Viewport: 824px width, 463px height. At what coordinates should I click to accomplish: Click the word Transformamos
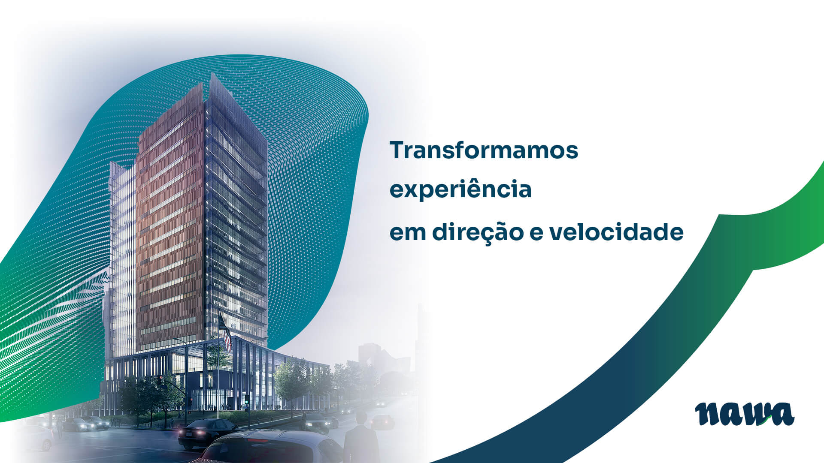[x=484, y=150]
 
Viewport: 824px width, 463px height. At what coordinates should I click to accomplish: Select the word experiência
[x=460, y=189]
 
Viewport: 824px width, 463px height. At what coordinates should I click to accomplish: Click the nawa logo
[x=745, y=414]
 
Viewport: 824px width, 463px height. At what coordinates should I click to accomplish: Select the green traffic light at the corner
[x=247, y=402]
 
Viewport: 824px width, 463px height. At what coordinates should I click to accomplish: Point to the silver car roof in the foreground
[x=275, y=446]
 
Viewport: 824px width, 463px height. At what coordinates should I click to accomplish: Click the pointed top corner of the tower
[x=211, y=74]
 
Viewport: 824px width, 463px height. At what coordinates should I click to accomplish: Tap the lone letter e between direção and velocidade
[x=536, y=234]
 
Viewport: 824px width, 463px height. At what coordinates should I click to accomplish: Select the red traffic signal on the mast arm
[x=161, y=381]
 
